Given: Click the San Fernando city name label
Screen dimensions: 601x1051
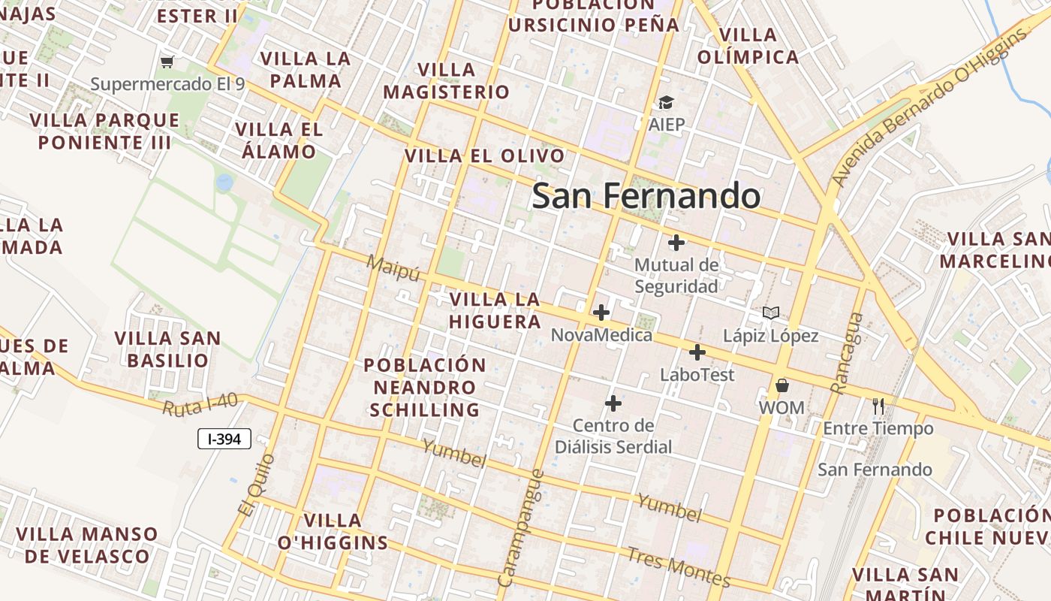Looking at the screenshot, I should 646,196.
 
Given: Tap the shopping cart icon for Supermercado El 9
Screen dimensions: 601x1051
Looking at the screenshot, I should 167,62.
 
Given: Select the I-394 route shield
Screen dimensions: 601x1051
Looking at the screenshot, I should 224,439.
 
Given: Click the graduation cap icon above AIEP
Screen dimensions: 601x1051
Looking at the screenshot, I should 666,102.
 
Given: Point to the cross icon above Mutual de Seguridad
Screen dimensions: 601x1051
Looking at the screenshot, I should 676,243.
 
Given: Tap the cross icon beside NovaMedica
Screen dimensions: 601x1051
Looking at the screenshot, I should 601,313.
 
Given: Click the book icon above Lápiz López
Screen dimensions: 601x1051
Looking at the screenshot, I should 770,313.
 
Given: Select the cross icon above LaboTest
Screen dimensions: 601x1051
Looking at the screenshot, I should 697,352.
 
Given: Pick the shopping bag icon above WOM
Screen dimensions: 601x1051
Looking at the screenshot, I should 781,385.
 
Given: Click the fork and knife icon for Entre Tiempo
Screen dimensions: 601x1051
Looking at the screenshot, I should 878,406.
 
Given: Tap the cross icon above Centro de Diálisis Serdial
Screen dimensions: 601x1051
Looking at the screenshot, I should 613,403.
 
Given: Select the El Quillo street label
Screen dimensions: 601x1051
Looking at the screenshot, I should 257,485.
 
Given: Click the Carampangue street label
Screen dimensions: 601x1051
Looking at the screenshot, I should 520,527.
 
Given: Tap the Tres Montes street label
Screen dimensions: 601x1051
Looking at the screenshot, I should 678,567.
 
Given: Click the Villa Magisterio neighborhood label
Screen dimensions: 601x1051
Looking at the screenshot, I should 446,81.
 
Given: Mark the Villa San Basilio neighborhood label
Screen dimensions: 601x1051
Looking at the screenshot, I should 167,349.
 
